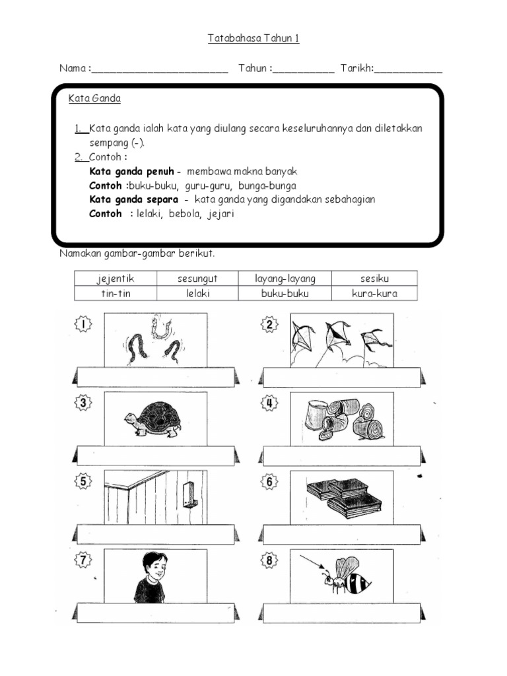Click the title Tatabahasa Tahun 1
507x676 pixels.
click(253, 38)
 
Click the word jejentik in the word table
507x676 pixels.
click(116, 279)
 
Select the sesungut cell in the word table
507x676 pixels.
click(197, 279)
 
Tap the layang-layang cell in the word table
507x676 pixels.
click(285, 279)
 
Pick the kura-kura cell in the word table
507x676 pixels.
click(374, 294)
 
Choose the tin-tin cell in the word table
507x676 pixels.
click(116, 294)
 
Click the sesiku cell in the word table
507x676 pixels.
click(374, 279)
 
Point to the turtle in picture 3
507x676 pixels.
click(153, 419)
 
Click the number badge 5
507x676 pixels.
click(84, 482)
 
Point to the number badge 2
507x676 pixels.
click(270, 324)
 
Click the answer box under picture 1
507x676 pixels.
click(155, 378)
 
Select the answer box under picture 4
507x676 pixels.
click(341, 456)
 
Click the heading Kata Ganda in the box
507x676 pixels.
click(94, 99)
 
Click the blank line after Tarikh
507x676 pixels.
click(409, 69)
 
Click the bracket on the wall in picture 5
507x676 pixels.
click(189, 494)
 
